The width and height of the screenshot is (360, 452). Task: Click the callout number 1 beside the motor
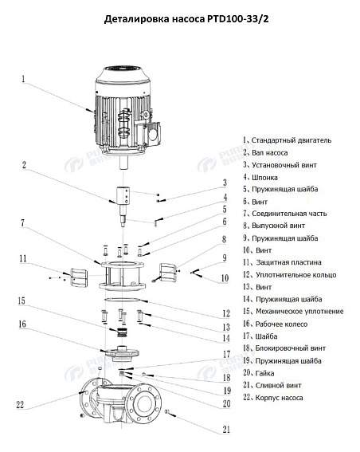click(23, 79)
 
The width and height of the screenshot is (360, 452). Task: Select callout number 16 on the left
click(22, 324)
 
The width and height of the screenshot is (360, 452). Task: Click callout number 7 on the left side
click(23, 222)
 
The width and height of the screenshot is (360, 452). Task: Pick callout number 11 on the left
click(23, 258)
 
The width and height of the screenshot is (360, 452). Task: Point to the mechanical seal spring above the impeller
click(122, 331)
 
